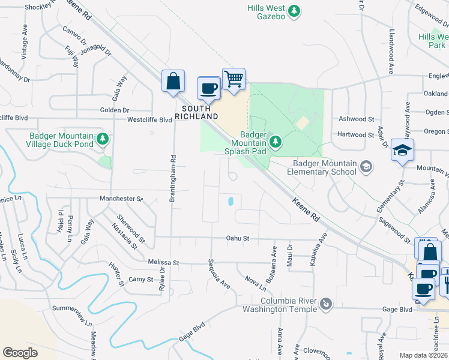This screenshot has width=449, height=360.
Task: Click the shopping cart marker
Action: [x=234, y=79]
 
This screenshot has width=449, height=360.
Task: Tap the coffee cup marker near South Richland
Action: [x=208, y=88]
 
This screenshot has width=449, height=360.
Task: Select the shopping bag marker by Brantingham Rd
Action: [x=173, y=81]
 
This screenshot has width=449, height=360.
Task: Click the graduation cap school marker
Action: [x=402, y=150]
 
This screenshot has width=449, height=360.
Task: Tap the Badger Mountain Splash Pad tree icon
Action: [x=275, y=142]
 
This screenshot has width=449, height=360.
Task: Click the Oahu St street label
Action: [x=237, y=238]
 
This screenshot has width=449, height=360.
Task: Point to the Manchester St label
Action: [x=121, y=198]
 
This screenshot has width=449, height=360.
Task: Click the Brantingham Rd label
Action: [x=172, y=179]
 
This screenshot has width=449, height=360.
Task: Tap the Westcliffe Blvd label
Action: [x=149, y=119]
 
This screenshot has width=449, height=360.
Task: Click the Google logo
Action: [x=20, y=352]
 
